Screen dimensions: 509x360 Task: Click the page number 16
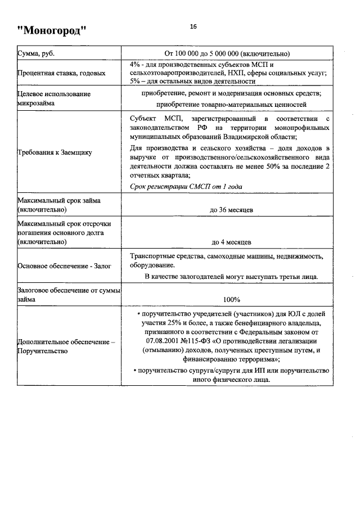(x=193, y=26)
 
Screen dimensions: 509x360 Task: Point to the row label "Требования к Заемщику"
(x=55, y=152)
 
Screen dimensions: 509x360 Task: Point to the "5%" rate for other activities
(x=135, y=81)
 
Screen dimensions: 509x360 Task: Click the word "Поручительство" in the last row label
(x=43, y=351)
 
